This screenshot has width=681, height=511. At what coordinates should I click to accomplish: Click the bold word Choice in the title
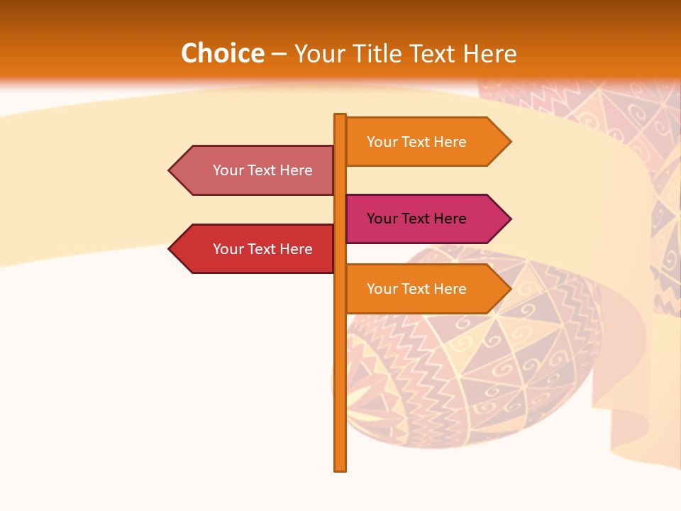[222, 54]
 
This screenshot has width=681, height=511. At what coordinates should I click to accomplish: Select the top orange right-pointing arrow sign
[426, 142]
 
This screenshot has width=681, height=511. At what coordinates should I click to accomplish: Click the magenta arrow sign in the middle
[426, 219]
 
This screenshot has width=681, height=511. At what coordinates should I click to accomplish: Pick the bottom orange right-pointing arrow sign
[426, 289]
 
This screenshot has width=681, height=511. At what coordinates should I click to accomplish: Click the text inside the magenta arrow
[416, 219]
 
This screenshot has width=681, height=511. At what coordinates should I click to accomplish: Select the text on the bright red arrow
[262, 249]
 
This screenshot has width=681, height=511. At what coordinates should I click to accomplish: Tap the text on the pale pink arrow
[262, 170]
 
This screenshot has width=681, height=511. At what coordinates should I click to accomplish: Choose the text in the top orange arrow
[416, 142]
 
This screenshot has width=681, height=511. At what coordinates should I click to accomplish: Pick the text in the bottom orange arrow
[416, 289]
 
